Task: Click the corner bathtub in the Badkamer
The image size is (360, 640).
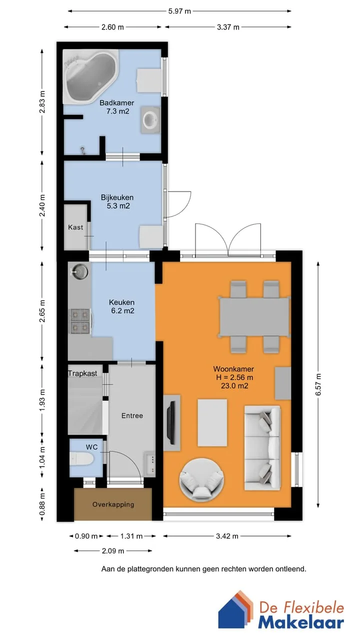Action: coord(90,76)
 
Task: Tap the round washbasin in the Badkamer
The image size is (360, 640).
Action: coord(150,120)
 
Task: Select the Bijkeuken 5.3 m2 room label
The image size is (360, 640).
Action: coord(117,201)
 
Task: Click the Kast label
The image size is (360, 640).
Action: coord(75,227)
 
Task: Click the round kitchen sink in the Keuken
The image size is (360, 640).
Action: coord(80,271)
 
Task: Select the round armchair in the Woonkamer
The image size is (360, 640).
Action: coord(201,480)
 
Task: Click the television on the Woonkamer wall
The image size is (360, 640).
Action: coord(171,422)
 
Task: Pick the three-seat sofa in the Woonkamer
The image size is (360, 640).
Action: coord(262,448)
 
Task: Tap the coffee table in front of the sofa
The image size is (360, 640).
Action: coord(212,422)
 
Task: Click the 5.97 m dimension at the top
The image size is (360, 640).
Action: coord(179,11)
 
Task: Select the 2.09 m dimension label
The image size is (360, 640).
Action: coord(113,550)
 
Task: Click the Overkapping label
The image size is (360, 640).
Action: coord(113,504)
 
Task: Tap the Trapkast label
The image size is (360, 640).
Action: coord(82,373)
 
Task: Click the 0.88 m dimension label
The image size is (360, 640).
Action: coord(42,504)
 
